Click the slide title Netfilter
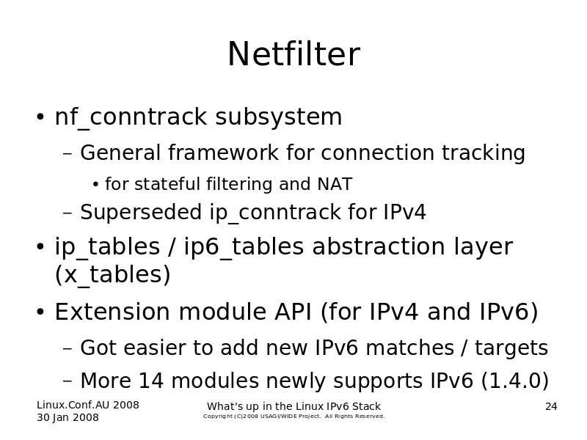coord(294,54)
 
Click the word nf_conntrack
coord(131,117)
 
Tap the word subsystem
coord(279,117)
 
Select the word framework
coord(223,153)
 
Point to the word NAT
coord(335,184)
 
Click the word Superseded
coord(141,212)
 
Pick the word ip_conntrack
coord(274,213)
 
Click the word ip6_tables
coord(244,247)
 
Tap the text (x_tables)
coord(113,274)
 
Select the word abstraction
coord(379,246)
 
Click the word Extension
coord(112,312)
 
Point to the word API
coord(293,312)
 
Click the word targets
coord(511,348)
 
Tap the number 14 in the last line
coord(151,381)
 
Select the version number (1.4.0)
coord(515,381)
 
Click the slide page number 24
coord(551,406)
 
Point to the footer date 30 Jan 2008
coord(68,417)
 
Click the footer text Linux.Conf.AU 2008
coord(88,405)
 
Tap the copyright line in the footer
coord(294,416)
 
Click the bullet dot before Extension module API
coord(40,312)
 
